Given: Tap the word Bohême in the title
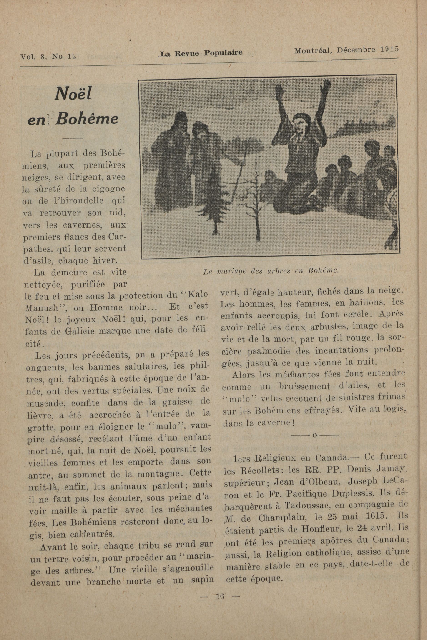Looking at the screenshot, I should click(88, 119).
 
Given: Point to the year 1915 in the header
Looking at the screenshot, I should click(389, 49).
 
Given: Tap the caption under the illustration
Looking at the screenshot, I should click(271, 271).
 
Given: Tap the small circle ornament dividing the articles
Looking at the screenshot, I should click(314, 435).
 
